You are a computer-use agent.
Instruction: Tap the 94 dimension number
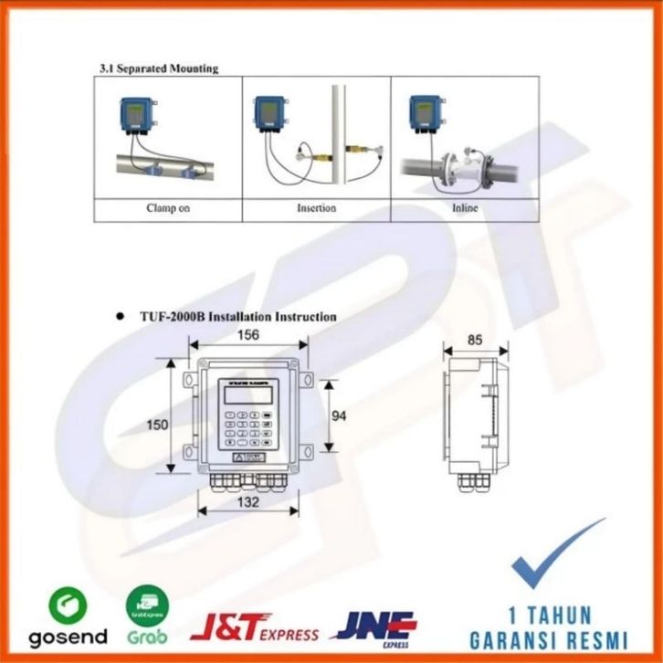339,416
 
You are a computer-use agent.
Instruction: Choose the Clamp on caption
168,208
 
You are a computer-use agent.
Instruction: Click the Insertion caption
316,208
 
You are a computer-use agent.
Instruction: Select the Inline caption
464,208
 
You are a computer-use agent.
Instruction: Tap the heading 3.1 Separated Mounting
158,68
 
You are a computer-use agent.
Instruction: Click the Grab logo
147,617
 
